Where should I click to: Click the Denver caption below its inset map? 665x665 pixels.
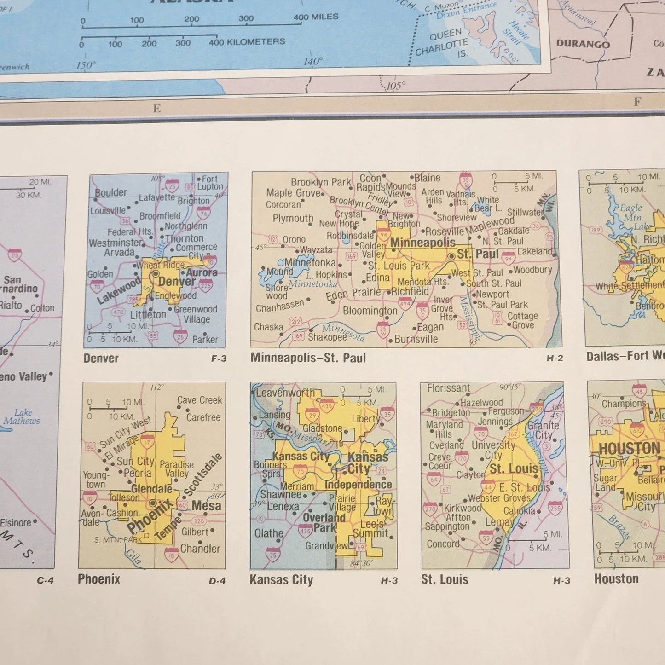(x=101, y=358)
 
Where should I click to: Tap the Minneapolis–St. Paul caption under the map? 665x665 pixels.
(x=308, y=358)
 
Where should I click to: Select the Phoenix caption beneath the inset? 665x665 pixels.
(x=99, y=579)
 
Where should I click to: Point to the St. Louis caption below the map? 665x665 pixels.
(x=445, y=579)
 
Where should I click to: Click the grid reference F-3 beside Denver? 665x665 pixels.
(x=219, y=359)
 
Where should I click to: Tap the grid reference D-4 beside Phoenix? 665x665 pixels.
(x=217, y=581)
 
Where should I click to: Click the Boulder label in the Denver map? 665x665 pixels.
(x=110, y=192)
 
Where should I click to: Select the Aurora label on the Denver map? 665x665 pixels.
(x=202, y=272)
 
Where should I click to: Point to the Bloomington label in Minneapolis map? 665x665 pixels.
(x=370, y=311)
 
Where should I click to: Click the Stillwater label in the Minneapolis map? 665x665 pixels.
(x=525, y=212)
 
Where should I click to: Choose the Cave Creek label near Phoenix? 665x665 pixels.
(x=199, y=400)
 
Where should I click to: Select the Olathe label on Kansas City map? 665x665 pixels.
(x=269, y=533)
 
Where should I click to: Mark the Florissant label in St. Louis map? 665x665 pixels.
(x=448, y=388)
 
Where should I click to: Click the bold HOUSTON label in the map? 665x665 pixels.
(x=629, y=448)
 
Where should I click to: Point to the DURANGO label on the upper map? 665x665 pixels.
(x=583, y=44)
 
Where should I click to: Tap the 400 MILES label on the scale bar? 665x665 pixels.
(x=316, y=17)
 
